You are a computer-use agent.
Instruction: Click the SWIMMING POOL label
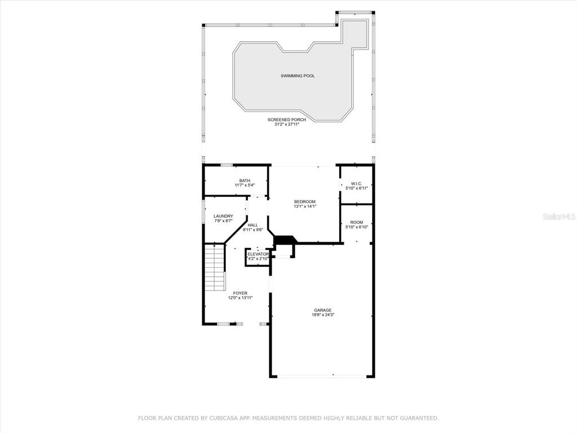[298, 76]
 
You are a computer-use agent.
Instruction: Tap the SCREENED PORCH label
[287, 120]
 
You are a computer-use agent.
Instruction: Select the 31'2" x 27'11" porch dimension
[287, 125]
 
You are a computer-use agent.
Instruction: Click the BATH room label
[245, 180]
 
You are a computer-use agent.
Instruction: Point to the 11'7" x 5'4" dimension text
[245, 185]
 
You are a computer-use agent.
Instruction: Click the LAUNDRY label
[223, 216]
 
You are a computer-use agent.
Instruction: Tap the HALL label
[253, 225]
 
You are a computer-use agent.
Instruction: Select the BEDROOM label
[305, 201]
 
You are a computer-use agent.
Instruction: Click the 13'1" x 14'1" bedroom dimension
[305, 206]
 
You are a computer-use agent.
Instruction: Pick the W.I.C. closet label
[357, 183]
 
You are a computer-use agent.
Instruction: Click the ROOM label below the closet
[357, 222]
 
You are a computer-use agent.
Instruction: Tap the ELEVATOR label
[258, 254]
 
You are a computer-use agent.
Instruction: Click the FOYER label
[240, 293]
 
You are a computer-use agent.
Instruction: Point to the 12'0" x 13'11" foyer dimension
[240, 298]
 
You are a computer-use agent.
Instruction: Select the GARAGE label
[323, 310]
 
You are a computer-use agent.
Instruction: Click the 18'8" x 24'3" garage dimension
[323, 315]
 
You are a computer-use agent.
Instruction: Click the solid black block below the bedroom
[285, 239]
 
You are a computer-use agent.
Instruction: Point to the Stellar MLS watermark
[559, 216]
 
